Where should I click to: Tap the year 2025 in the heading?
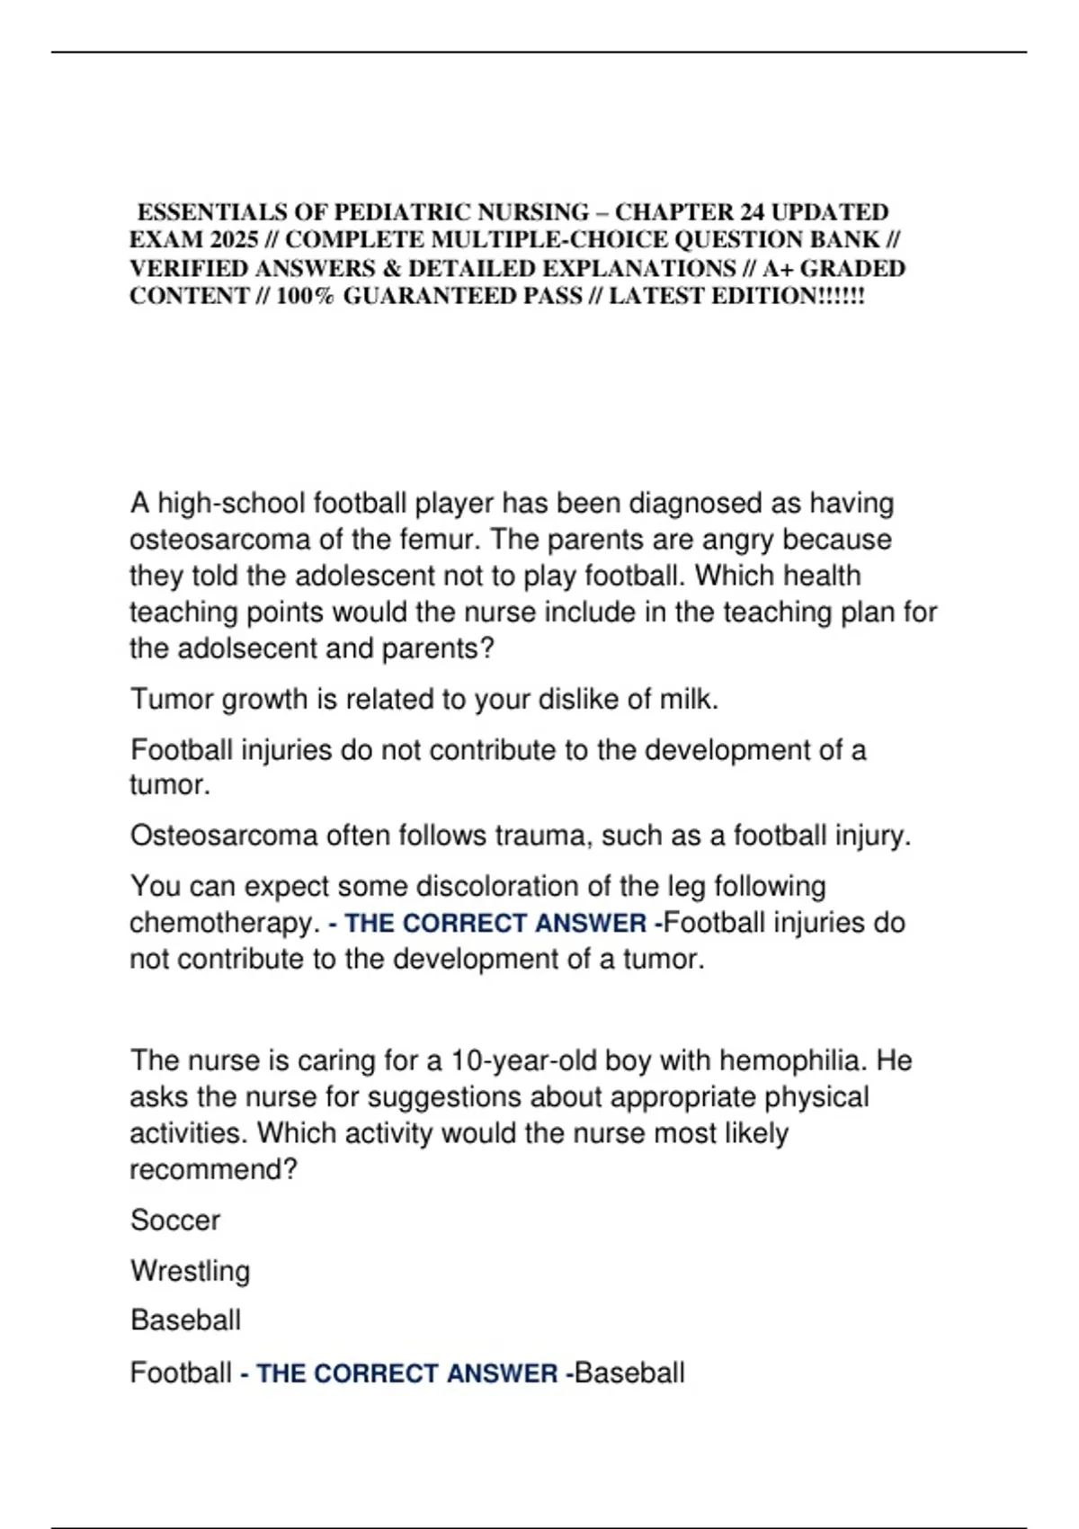[x=235, y=240]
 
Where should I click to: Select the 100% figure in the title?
[x=305, y=296]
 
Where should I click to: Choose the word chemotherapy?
[x=224, y=923]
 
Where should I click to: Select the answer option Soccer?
[x=174, y=1221]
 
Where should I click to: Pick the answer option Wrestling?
[x=190, y=1271]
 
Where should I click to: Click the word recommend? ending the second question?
[x=213, y=1169]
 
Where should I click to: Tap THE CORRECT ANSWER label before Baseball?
[x=406, y=1373]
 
